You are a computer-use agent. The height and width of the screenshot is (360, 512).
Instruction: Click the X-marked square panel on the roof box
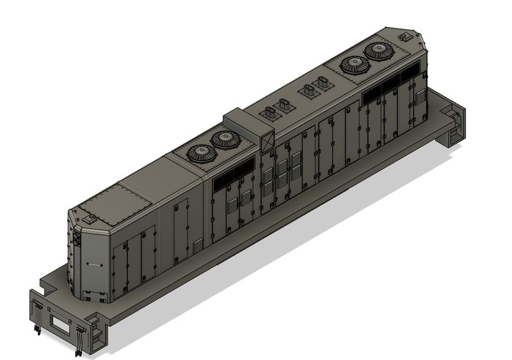click(267, 141)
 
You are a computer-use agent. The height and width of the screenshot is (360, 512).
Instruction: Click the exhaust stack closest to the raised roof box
click(269, 114)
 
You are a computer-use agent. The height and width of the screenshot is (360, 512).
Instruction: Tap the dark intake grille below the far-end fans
click(390, 90)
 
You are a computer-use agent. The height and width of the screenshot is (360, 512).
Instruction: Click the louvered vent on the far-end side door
click(420, 97)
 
